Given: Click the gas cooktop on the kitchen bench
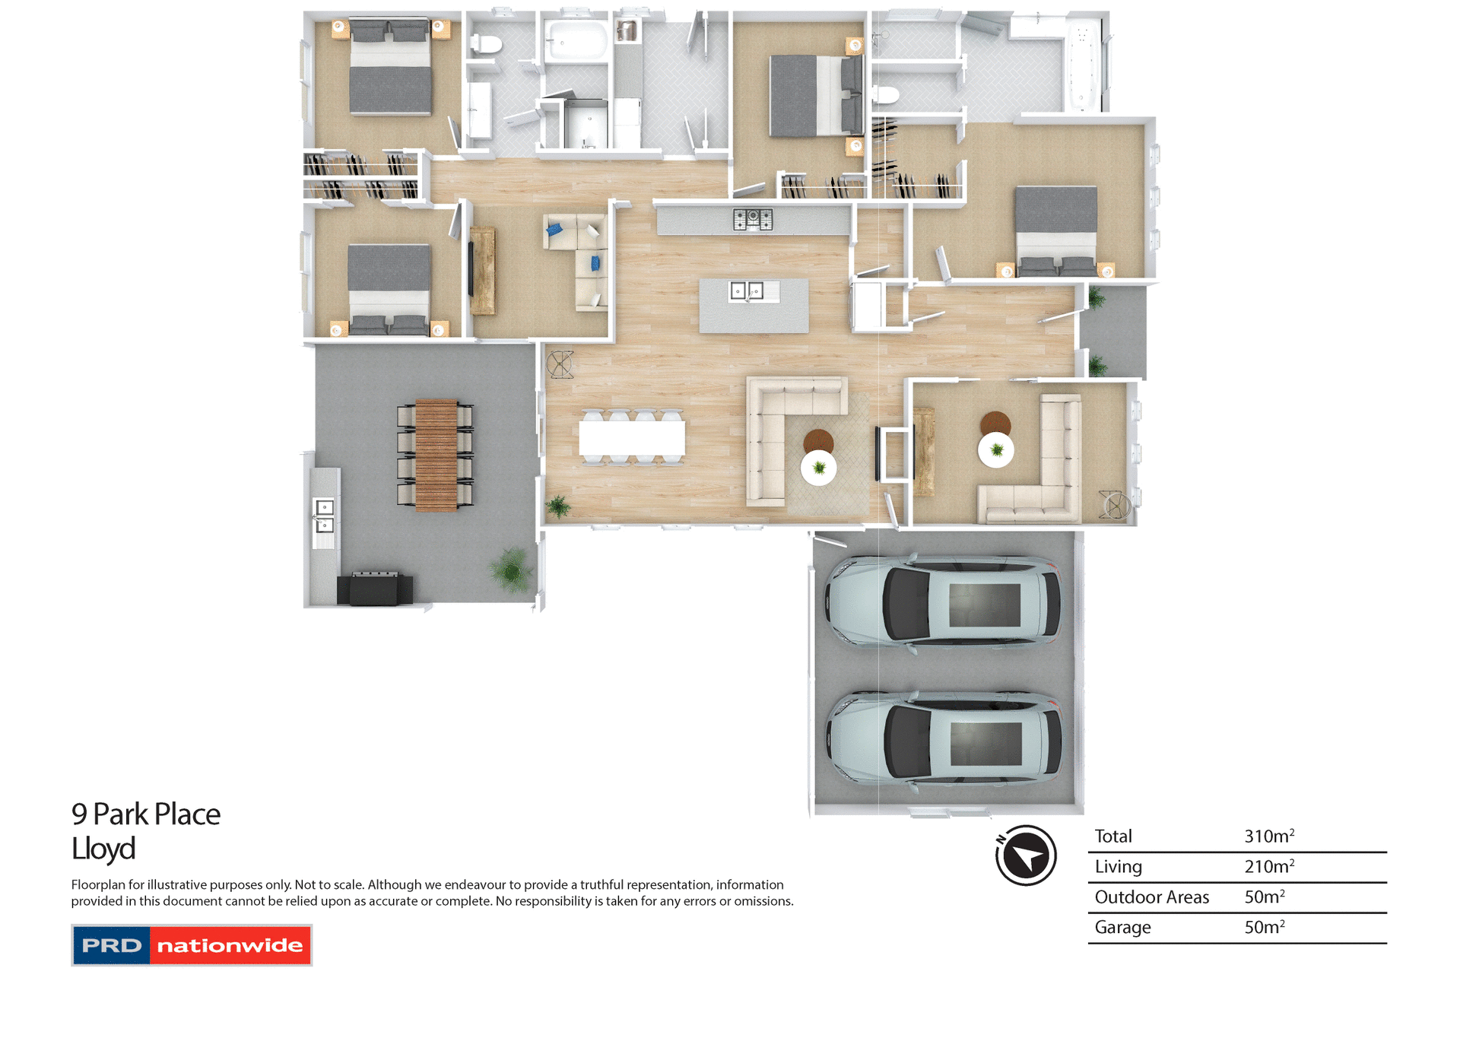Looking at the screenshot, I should tap(752, 220).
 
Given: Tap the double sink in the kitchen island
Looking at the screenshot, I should tap(747, 290).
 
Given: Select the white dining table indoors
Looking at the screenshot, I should tap(632, 438).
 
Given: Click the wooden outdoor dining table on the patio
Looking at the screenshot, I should tap(436, 455).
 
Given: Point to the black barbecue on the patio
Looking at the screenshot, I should tap(375, 589).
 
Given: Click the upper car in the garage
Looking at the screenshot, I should tap(943, 602).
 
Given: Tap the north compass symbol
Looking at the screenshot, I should tap(1026, 855).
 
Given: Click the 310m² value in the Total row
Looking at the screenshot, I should tap(1268, 836).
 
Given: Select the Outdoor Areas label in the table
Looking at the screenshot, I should tap(1151, 897).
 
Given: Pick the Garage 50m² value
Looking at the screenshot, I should tap(1264, 928).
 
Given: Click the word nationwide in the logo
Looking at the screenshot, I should tap(230, 945).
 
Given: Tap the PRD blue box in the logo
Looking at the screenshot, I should tap(112, 945).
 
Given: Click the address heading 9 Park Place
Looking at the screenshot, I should tap(146, 814).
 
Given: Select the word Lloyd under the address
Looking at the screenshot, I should tap(103, 849).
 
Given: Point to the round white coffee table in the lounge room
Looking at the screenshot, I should tap(995, 450).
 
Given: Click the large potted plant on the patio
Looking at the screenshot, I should tap(511, 569).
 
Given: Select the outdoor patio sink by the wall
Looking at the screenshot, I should tap(324, 516).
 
